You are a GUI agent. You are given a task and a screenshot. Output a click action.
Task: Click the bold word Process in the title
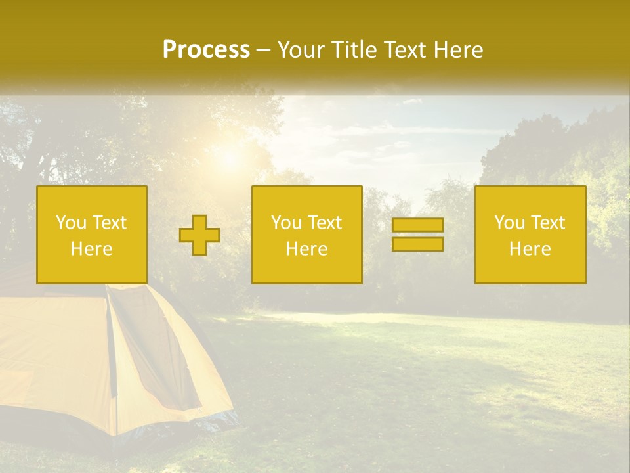[206, 50]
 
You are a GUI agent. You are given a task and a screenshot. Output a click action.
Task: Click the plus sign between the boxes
[199, 235]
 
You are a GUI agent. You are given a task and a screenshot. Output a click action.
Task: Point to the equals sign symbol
[417, 235]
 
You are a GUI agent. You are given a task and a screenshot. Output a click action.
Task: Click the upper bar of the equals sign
[417, 225]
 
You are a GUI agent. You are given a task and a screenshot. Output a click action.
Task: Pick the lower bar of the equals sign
[417, 244]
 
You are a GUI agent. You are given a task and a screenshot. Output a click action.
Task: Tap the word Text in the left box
[109, 223]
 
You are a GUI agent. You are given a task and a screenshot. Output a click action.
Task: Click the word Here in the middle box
[306, 249]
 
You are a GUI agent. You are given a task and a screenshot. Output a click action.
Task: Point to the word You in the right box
[510, 223]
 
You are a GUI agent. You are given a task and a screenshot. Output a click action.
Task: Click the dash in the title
[263, 50]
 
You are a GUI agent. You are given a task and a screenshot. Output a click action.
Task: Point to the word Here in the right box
[530, 249]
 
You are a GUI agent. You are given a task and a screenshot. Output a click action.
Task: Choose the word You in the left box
[71, 223]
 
